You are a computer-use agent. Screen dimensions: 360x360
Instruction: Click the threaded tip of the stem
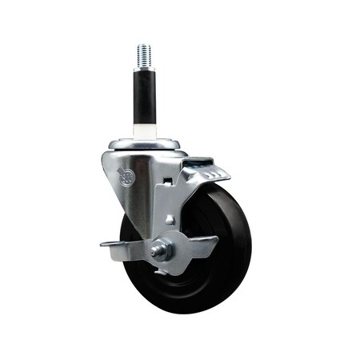click(x=144, y=54)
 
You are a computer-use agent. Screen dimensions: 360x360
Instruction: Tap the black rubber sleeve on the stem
click(x=144, y=96)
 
